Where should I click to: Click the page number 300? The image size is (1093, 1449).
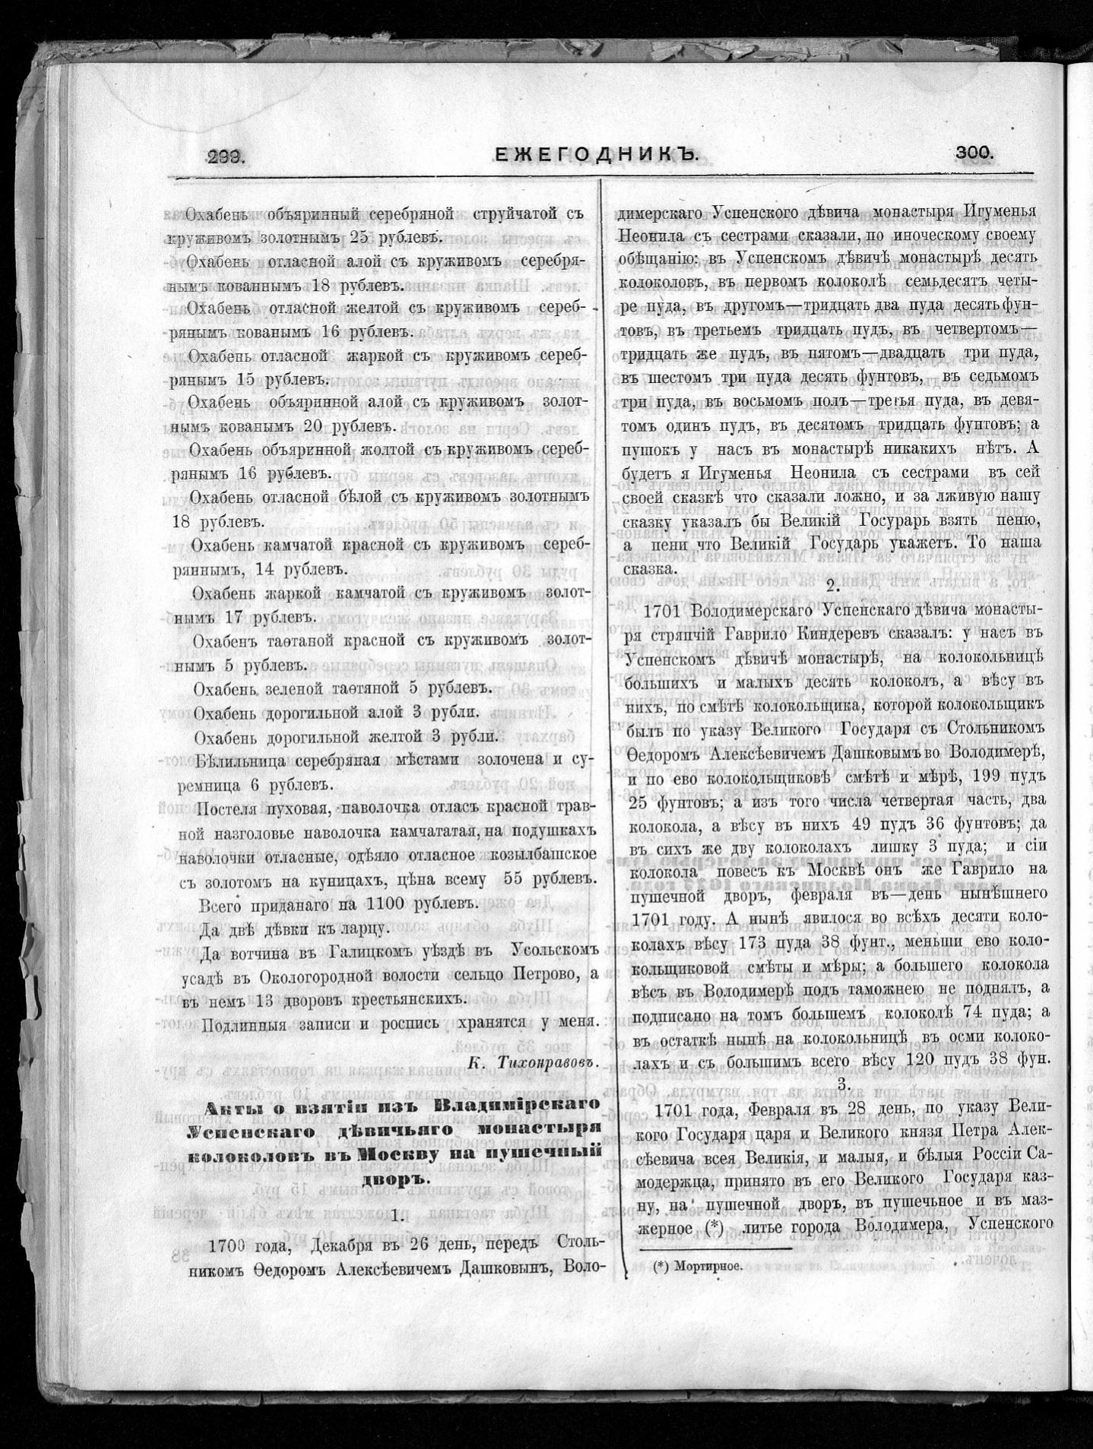point(975,153)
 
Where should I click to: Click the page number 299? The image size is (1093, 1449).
point(225,157)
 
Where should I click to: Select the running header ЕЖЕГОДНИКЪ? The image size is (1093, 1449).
point(596,154)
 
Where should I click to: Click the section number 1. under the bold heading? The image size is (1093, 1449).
point(396,1215)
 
